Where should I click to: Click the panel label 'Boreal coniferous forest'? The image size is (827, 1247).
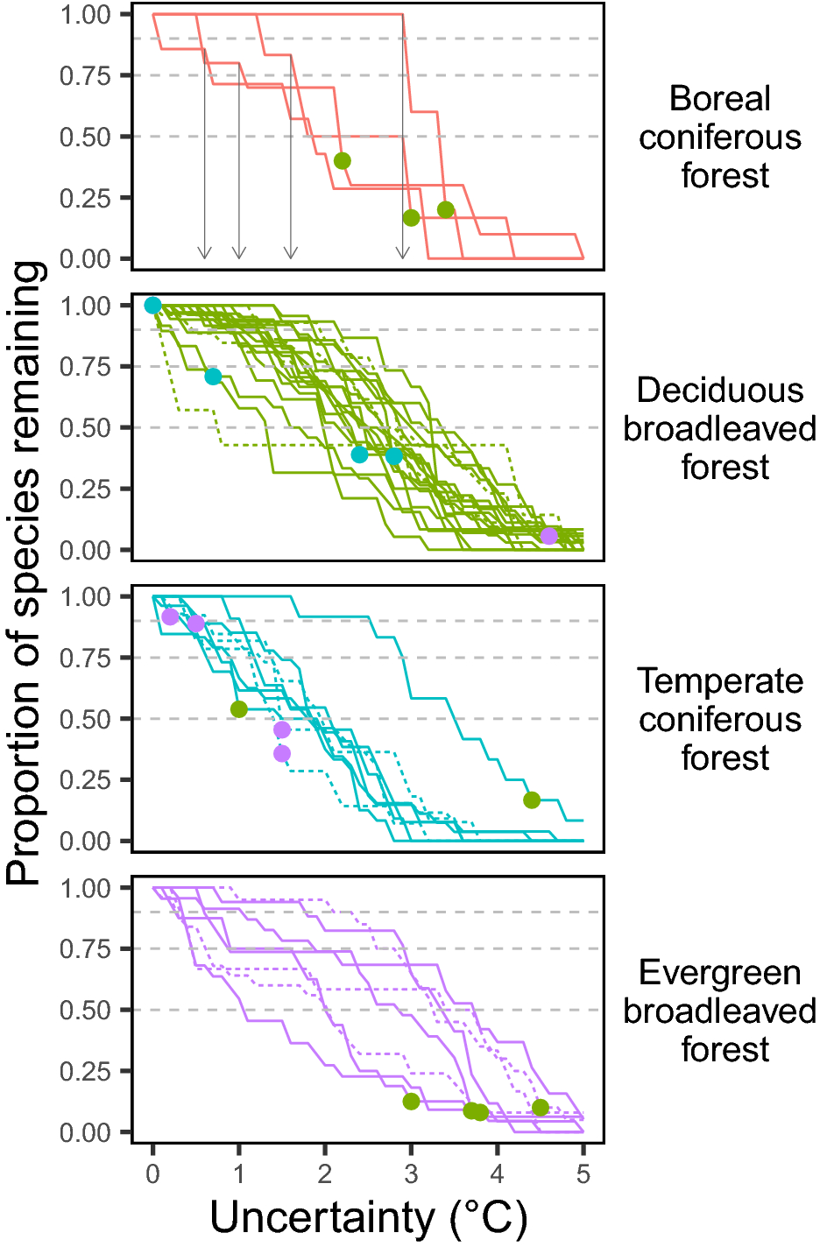[719, 137]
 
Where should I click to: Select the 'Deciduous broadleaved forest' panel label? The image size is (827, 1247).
[719, 428]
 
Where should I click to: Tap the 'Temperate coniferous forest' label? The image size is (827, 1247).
[719, 719]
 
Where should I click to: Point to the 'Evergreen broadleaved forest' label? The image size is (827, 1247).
[719, 1011]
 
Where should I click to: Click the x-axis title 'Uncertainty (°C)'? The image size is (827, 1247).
[368, 1217]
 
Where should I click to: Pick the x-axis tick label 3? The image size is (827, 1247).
[411, 1174]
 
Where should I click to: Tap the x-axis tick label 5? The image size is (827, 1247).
[583, 1174]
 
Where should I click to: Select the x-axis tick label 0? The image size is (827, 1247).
[153, 1174]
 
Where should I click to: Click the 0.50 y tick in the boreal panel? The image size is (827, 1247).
[85, 137]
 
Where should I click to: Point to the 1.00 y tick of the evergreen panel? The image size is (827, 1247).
[85, 889]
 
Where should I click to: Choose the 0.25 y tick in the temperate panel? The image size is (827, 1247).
[85, 780]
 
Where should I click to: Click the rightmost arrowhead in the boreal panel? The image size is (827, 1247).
[402, 254]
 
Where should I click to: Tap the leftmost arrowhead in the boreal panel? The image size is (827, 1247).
[204, 254]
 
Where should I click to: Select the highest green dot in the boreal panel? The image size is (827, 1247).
[342, 161]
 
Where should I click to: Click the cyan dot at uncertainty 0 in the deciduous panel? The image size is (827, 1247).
[153, 306]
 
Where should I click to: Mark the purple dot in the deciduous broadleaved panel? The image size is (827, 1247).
[548, 536]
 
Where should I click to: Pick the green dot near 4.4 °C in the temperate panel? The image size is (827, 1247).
[532, 800]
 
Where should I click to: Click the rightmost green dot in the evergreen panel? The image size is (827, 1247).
[541, 1108]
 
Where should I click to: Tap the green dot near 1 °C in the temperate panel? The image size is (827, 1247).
[239, 709]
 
